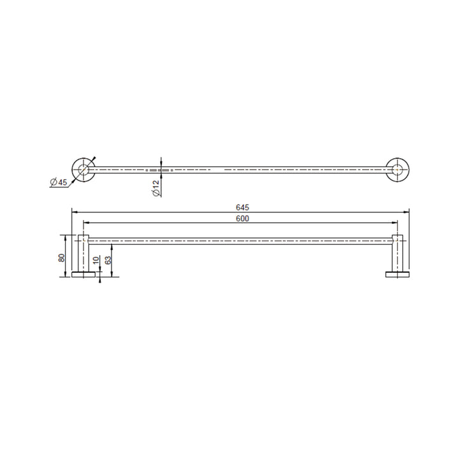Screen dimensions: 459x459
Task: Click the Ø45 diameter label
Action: (59, 182)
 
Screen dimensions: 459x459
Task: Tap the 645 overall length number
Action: (242, 207)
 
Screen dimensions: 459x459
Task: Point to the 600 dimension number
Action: (242, 219)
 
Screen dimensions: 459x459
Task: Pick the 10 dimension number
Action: (96, 261)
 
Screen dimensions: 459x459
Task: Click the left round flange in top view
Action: (83, 170)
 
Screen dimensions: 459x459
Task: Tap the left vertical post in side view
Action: (83, 253)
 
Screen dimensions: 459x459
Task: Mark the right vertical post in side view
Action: (397, 253)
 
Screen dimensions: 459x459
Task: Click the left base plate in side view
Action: (83, 274)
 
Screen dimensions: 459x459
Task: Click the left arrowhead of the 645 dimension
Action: (73, 211)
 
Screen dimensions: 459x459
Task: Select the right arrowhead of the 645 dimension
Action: (407, 211)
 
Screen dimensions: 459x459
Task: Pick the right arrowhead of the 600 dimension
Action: (396, 223)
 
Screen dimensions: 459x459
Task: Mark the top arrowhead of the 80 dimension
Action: (67, 237)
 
